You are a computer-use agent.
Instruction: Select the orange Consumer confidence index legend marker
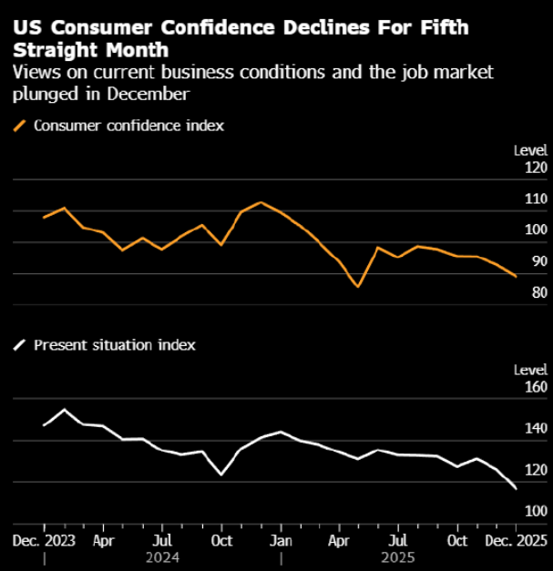[x=19, y=126]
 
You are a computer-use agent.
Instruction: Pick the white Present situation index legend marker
[x=19, y=345]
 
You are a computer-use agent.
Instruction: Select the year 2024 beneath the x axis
[x=161, y=556]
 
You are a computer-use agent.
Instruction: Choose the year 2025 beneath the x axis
[x=398, y=556]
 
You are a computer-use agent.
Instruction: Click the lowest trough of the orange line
[x=358, y=286]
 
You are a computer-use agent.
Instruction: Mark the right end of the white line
[x=517, y=489]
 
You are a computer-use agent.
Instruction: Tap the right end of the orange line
[x=517, y=276]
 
